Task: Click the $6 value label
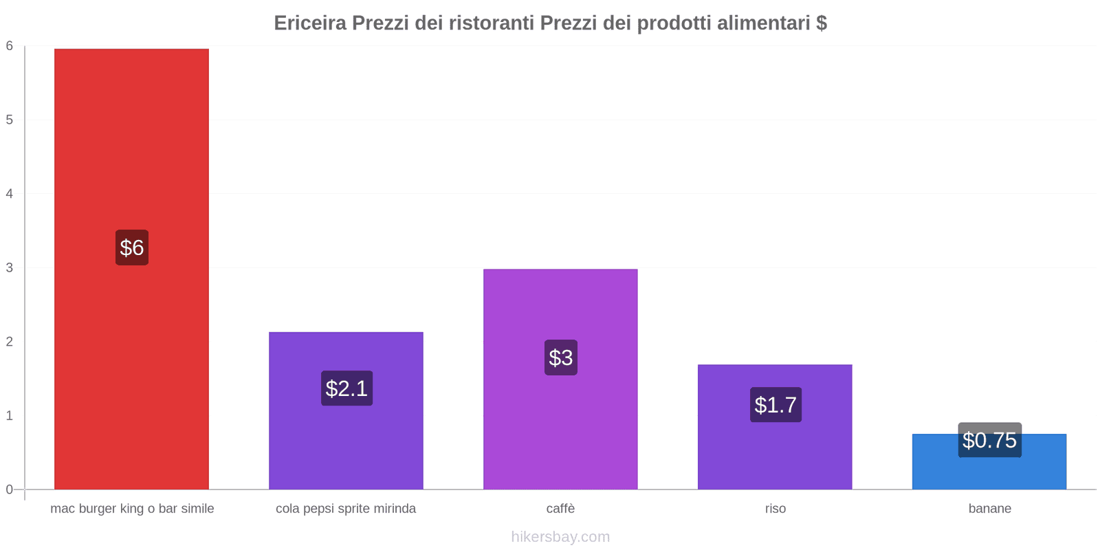[132, 247]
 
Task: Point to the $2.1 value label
[346, 388]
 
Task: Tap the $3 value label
[561, 357]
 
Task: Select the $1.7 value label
[775, 405]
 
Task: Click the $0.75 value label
[989, 440]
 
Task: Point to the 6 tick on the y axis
[10, 46]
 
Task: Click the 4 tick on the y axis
[10, 194]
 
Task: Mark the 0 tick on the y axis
[10, 489]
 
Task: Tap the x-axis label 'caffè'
[560, 509]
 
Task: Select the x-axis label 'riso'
[775, 509]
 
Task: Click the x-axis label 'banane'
[989, 509]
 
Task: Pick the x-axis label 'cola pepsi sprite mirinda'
[346, 509]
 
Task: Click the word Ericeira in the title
[310, 23]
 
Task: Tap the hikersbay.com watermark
[560, 537]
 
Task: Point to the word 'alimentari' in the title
[763, 23]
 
